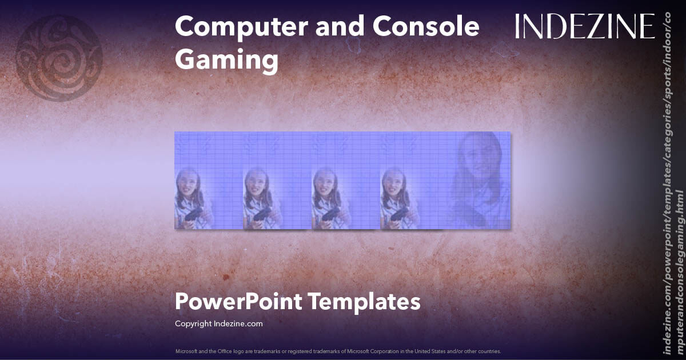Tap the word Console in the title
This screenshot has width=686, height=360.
(425, 27)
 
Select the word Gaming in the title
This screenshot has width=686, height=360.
(226, 59)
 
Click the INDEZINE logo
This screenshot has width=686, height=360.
(584, 27)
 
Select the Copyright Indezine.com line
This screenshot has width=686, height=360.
(218, 323)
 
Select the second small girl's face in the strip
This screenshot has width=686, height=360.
(256, 183)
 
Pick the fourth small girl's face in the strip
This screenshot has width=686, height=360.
(393, 183)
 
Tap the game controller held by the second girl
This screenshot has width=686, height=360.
(262, 215)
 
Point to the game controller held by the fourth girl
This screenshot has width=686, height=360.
(399, 215)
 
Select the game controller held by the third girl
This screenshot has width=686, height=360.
(330, 215)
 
